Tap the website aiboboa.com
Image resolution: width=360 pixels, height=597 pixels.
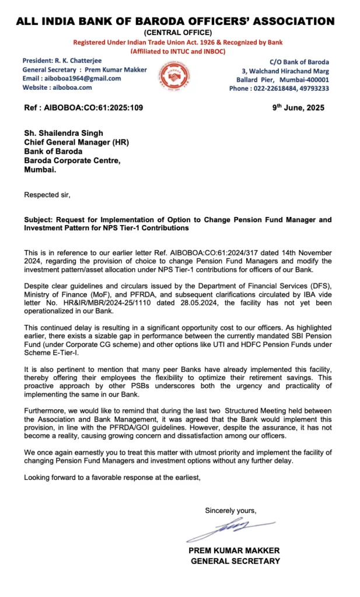pos(72,87)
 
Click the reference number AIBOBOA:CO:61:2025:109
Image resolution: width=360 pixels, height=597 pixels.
pos(97,108)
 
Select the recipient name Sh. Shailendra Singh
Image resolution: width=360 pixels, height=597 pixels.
pos(65,133)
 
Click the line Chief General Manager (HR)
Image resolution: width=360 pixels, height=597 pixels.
pos(76,142)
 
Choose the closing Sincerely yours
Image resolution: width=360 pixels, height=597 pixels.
pos(230,511)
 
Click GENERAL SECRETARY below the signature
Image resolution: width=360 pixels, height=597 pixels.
pos(235,561)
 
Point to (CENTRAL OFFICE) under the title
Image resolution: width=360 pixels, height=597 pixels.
pos(177,32)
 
